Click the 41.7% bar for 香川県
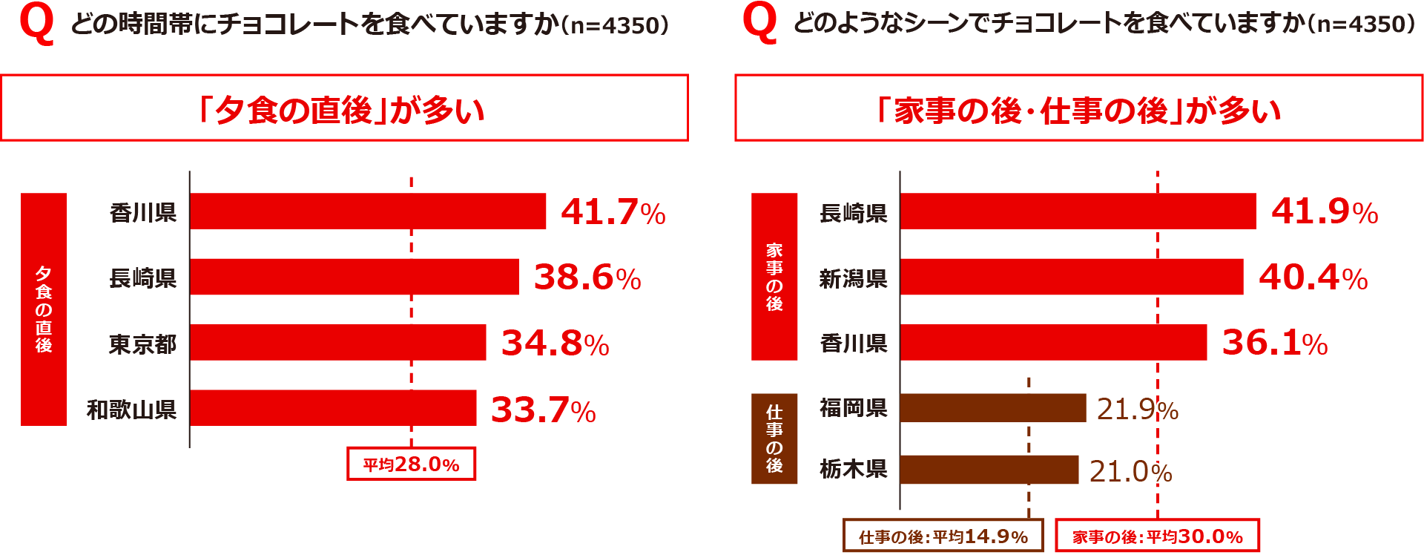[367, 211]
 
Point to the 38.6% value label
[587, 277]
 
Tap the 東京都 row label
[142, 344]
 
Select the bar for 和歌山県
[332, 408]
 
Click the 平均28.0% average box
[411, 464]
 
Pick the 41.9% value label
[1324, 212]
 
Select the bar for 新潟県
[1071, 277]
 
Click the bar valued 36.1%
[1053, 343]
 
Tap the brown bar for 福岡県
[992, 408]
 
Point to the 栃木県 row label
[853, 470]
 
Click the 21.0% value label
[1130, 472]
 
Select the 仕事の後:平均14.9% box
[943, 536]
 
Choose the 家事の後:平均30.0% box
[1157, 536]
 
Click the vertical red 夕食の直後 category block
[44, 309]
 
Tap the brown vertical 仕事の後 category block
[774, 439]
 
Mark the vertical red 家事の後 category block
[774, 277]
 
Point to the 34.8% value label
[555, 344]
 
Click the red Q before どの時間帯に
[37, 24]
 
